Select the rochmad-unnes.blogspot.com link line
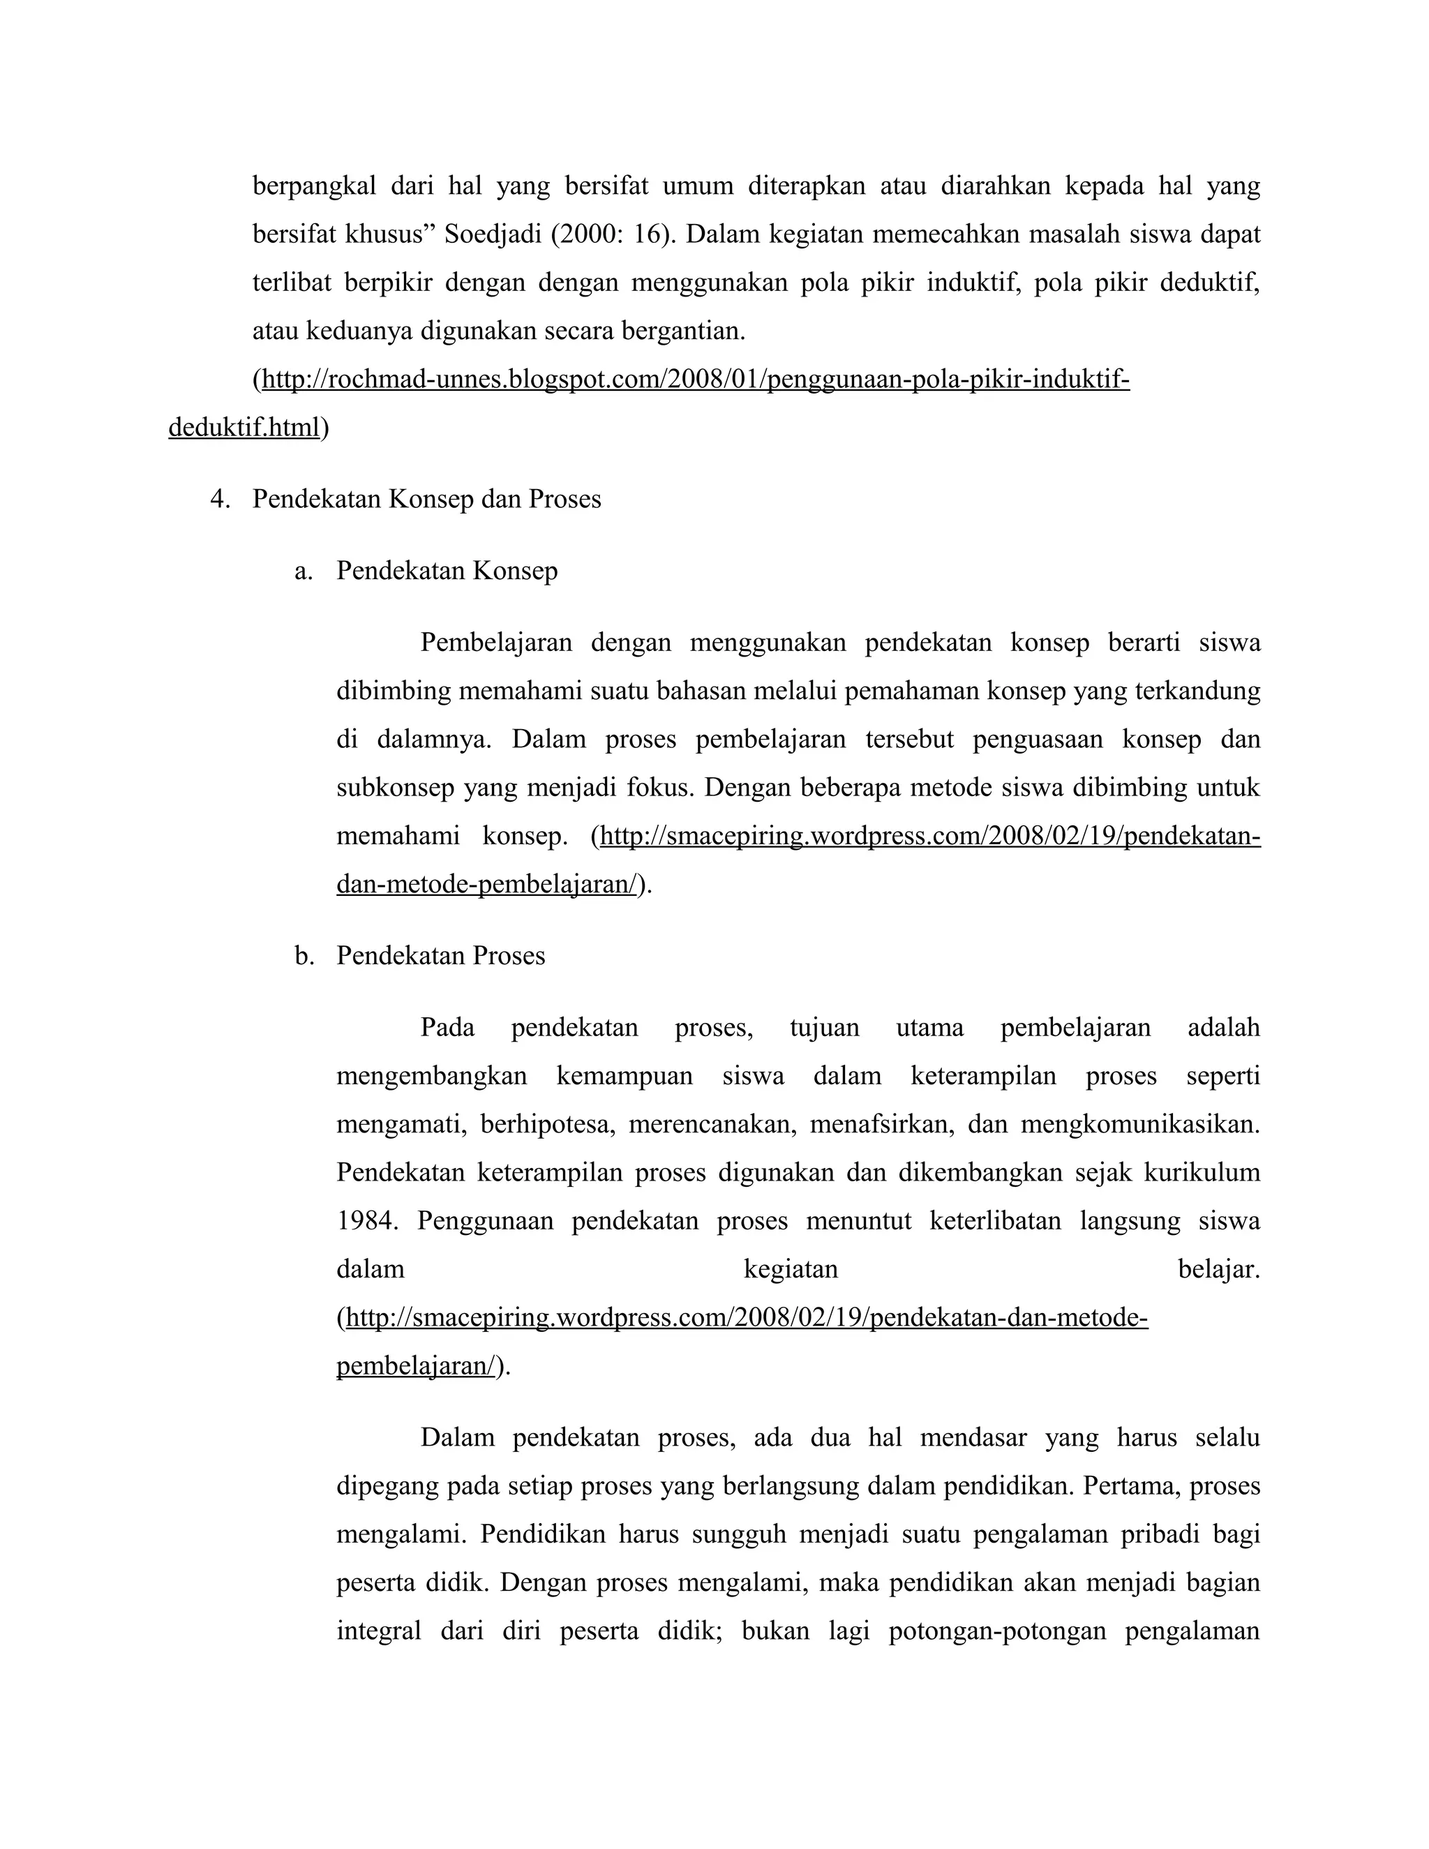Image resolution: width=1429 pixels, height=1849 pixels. pos(695,380)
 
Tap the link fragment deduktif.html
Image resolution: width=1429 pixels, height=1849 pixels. pos(244,428)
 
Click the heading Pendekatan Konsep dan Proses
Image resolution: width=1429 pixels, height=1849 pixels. pos(426,500)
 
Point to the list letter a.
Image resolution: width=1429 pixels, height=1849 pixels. pos(302,571)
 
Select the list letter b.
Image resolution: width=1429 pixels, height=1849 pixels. pos(302,956)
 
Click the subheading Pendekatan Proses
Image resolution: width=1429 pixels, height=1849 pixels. pos(440,956)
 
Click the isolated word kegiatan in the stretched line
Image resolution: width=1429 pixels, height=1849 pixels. pos(791,1269)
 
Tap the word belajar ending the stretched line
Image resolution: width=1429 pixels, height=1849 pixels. pos(1218,1269)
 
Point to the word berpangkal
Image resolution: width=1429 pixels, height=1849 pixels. pos(314,186)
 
